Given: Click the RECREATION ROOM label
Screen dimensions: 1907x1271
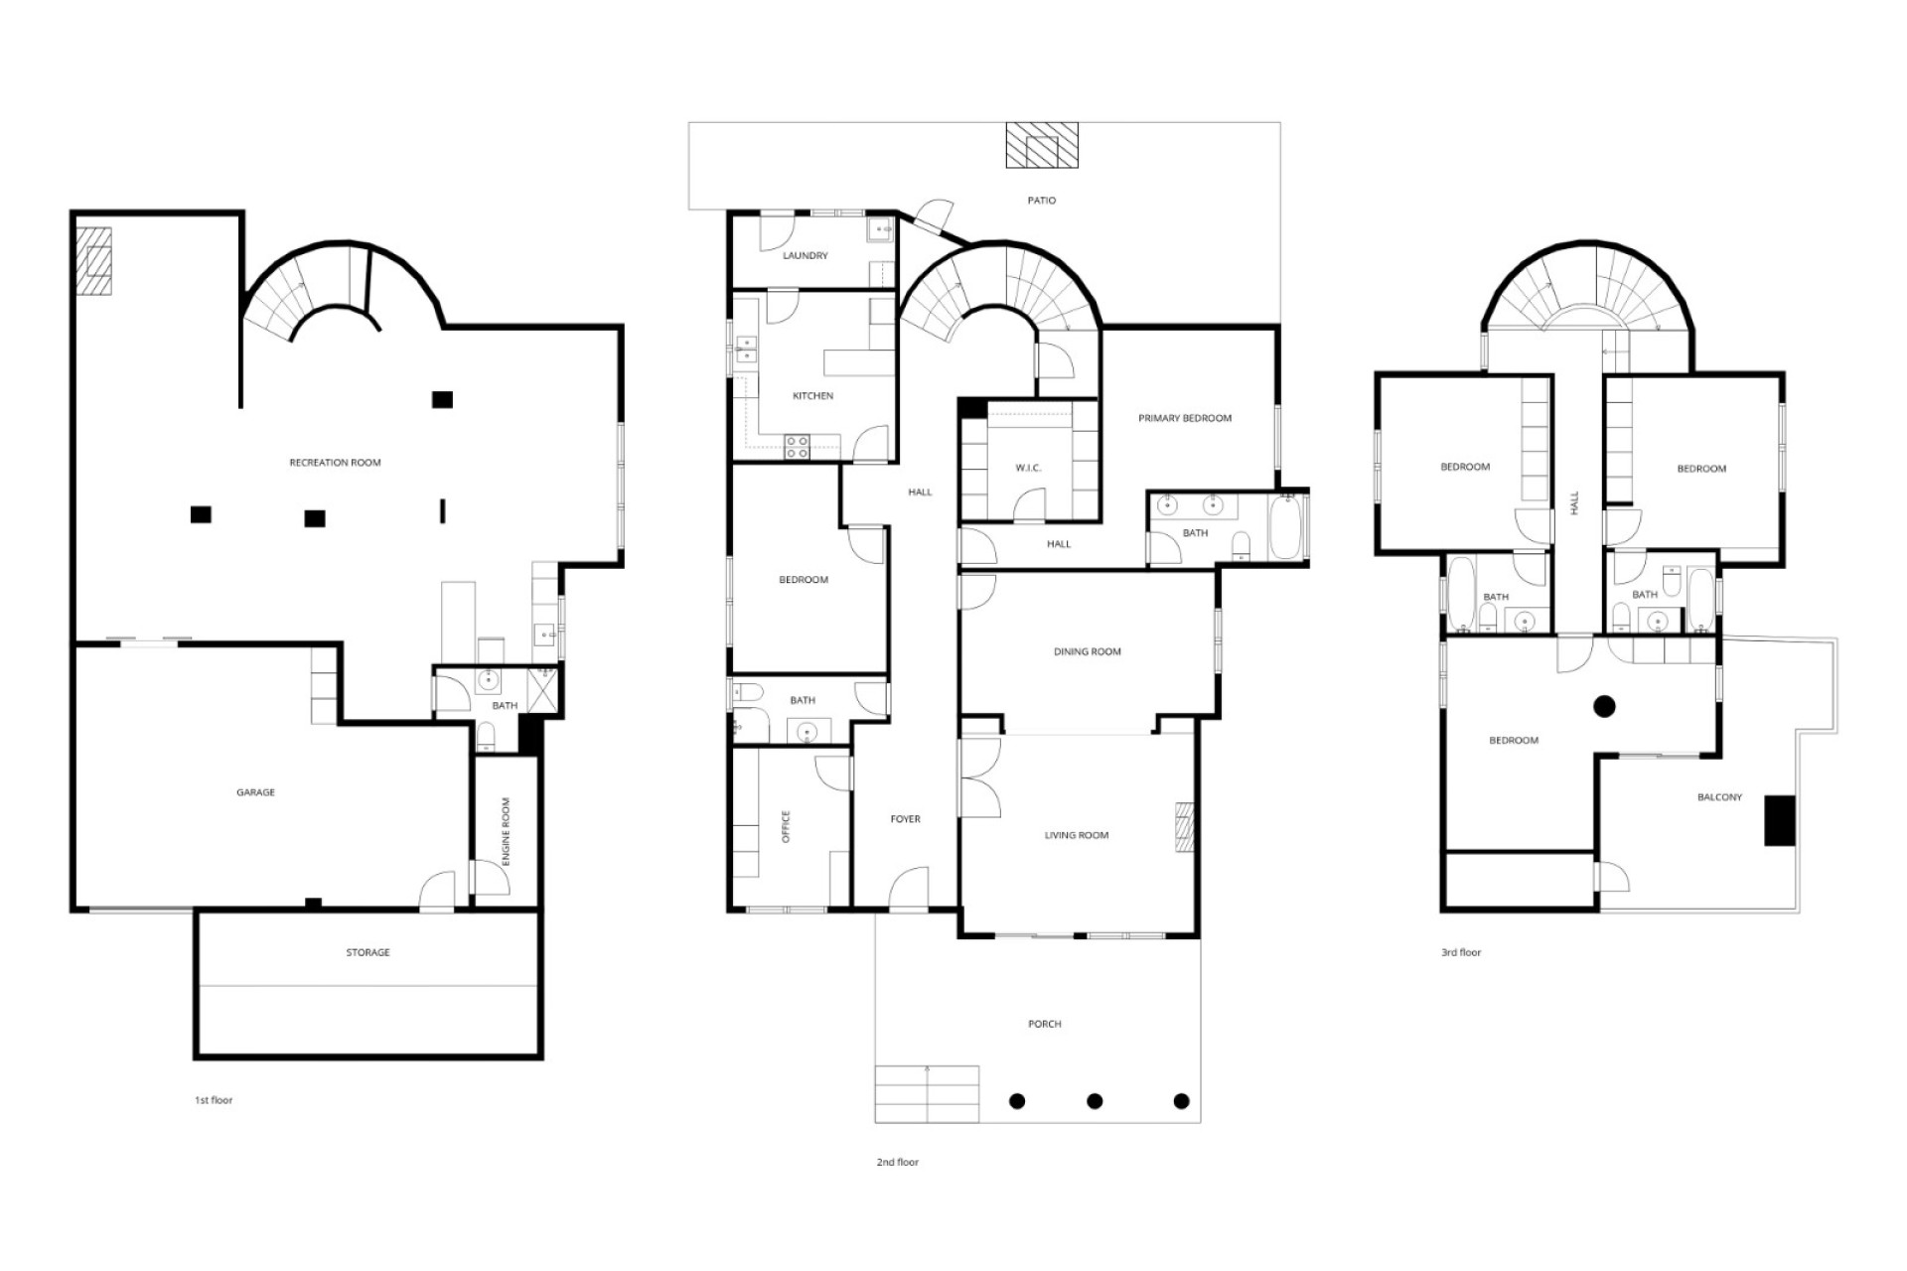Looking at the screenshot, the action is [335, 463].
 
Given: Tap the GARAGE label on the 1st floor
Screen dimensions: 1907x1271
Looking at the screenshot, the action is [255, 792].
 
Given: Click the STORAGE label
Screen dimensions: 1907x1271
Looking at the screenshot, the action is [367, 952].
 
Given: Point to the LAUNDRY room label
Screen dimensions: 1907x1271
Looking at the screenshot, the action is [805, 256].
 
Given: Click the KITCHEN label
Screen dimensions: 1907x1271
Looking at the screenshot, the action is [812, 396].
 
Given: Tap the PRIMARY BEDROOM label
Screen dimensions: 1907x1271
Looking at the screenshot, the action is [1185, 418].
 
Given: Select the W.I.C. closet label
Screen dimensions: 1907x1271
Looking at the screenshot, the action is [1028, 468].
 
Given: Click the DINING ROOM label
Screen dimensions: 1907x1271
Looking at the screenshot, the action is [1087, 652].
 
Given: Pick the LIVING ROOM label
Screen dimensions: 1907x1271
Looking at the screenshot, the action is [1077, 835].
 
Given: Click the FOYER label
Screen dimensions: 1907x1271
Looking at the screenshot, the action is [905, 819].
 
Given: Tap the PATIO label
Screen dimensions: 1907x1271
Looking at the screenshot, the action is [1041, 201].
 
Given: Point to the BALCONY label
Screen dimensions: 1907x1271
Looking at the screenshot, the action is [1719, 797].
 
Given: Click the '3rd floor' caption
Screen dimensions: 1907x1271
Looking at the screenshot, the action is [1461, 953].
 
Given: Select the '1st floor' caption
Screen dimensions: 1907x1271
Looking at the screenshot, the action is [214, 1100].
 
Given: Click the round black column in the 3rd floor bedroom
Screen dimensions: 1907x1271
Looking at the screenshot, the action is [1604, 707].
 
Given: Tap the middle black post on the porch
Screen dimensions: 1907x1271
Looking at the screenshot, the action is [1095, 1101].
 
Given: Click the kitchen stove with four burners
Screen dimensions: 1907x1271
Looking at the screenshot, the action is [798, 447].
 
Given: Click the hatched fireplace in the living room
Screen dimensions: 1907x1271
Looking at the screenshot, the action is [1183, 827].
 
